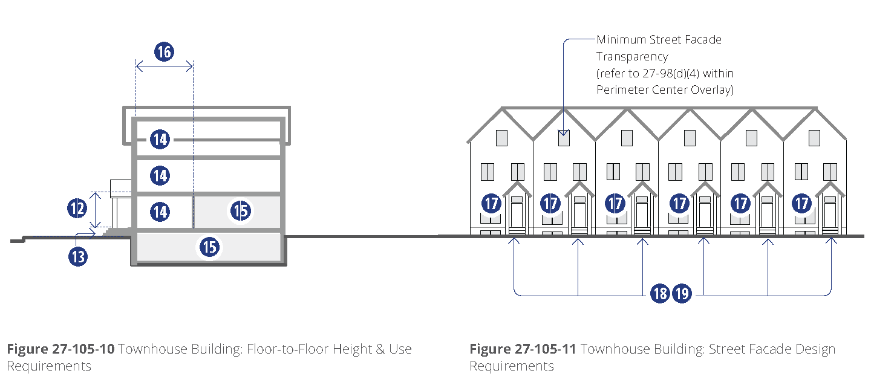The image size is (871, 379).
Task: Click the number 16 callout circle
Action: [x=164, y=52]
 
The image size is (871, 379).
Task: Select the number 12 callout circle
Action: [x=77, y=209]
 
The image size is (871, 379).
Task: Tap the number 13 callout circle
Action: [x=78, y=256]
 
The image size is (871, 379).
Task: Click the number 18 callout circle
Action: [x=660, y=294]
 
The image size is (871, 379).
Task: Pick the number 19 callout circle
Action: [x=682, y=294]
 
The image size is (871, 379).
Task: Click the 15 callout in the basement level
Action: [x=209, y=247]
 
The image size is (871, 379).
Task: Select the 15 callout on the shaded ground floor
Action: [x=240, y=211]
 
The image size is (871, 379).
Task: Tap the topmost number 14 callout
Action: [x=160, y=140]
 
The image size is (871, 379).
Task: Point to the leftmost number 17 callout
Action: [x=491, y=203]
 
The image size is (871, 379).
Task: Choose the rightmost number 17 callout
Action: [x=802, y=203]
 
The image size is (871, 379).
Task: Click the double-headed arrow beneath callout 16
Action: [x=164, y=66]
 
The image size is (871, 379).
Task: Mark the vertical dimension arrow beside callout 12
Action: [x=96, y=210]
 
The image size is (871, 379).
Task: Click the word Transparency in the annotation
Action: [x=632, y=57]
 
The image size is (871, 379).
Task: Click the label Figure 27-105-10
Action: [x=60, y=349]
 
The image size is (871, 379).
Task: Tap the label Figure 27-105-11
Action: [x=523, y=349]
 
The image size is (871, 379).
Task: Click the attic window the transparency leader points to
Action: [x=564, y=138]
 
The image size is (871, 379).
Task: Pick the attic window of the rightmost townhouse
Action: [x=814, y=138]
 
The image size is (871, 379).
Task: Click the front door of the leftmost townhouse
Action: [x=517, y=215]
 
